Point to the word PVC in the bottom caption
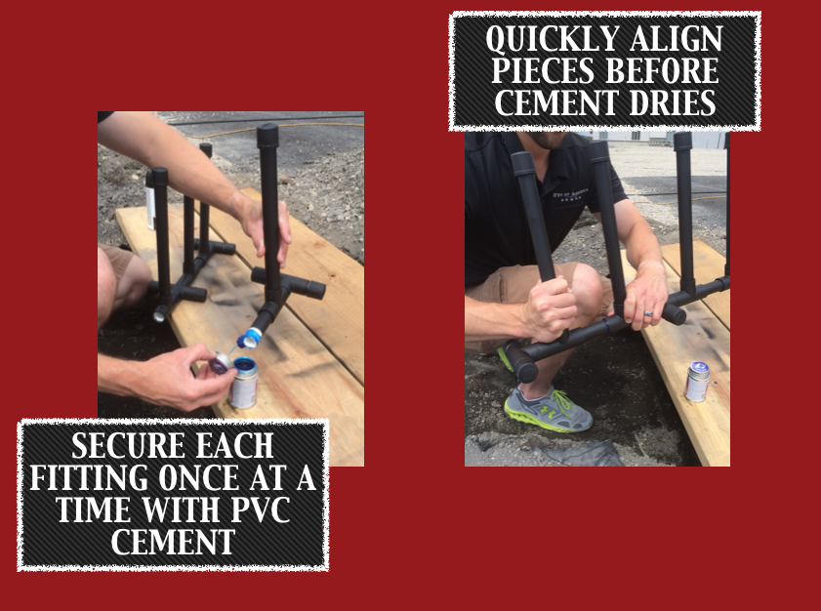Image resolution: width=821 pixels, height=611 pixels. tap(261, 509)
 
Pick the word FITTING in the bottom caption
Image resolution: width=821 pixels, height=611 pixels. tap(89, 477)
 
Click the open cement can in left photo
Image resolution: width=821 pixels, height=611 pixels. tap(244, 383)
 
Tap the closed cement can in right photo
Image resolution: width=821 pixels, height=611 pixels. tap(697, 382)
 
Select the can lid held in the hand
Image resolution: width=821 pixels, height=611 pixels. tap(221, 362)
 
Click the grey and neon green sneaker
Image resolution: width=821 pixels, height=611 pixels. tap(548, 409)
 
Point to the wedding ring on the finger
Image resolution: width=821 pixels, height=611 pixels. tap(648, 313)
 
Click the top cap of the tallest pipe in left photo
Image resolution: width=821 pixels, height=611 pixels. tap(267, 135)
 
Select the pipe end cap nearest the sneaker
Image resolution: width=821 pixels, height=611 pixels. tap(521, 362)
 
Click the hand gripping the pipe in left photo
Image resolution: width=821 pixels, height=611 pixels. tap(265, 227)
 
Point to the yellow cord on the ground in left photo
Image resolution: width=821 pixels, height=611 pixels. tap(272, 128)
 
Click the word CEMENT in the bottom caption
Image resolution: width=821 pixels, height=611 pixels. tap(174, 542)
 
